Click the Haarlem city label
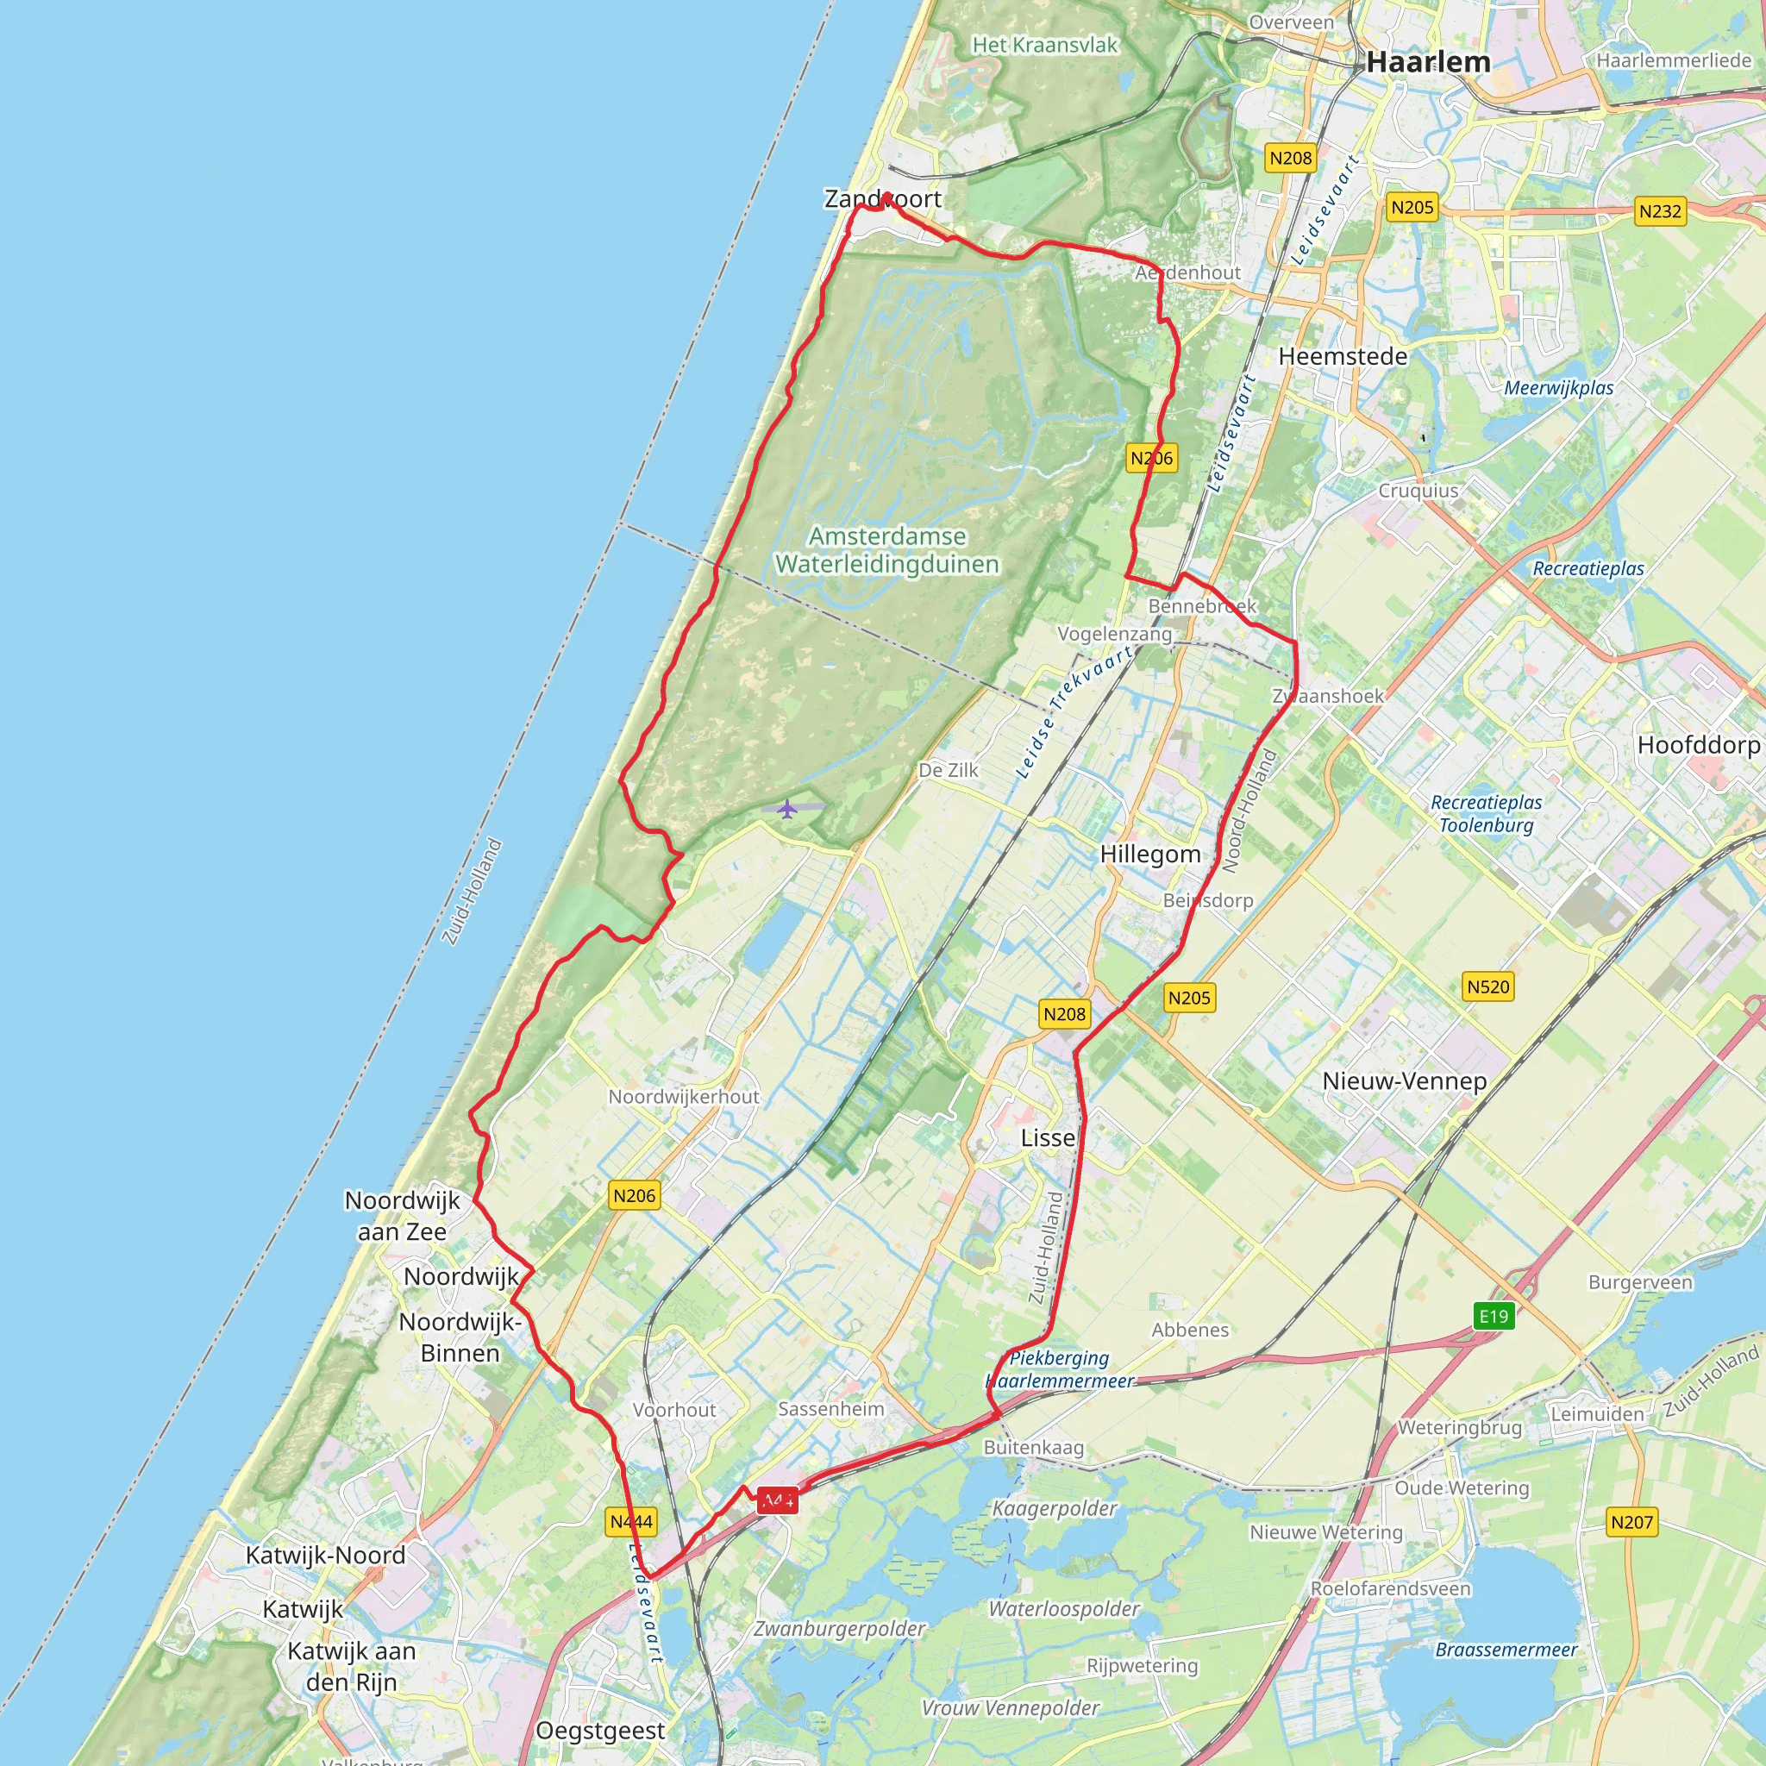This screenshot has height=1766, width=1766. pos(1429,61)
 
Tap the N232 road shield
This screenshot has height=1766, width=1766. pos(1660,211)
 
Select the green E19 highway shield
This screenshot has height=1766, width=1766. pos(1494,1316)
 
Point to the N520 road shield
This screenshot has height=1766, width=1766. pos(1488,986)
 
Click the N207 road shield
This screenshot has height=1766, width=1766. pos(1631,1522)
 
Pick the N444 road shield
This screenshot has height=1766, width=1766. pos(630,1522)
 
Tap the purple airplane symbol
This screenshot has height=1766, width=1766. pos(787,809)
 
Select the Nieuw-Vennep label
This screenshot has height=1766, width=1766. pos(1404,1080)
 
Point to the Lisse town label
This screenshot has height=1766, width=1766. pos(1048,1138)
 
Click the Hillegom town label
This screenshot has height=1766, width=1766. pos(1150,854)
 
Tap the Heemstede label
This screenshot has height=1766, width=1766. pos(1343,355)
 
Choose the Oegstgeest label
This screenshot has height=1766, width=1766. pos(600,1731)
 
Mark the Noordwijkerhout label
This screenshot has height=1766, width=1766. pos(684,1096)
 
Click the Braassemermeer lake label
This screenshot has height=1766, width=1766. pos(1506,1650)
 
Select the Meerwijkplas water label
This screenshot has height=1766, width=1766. pos(1558,387)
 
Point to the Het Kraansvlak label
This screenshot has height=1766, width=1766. pos(1045,45)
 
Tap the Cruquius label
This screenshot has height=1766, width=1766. pos(1418,491)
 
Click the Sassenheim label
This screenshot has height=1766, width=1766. pos(831,1409)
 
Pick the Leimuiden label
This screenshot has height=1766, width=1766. pos(1597,1414)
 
